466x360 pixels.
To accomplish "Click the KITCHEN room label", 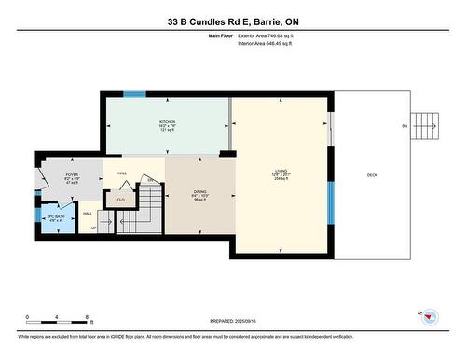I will click(x=167, y=121).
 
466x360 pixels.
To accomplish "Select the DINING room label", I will click(x=199, y=192).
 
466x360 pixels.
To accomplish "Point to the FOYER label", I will click(x=71, y=174).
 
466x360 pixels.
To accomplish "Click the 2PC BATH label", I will click(x=55, y=216).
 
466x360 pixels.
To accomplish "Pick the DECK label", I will click(x=372, y=175).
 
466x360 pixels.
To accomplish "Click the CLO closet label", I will click(x=120, y=199).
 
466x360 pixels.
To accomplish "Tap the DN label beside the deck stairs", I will click(x=404, y=126).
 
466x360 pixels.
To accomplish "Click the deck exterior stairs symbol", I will click(x=424, y=123).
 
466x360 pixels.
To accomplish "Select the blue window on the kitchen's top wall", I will click(x=135, y=94).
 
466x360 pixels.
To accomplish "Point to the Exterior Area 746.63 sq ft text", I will click(x=272, y=35).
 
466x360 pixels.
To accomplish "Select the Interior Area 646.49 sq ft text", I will click(x=271, y=43).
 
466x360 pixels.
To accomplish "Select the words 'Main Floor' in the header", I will click(x=217, y=35).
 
